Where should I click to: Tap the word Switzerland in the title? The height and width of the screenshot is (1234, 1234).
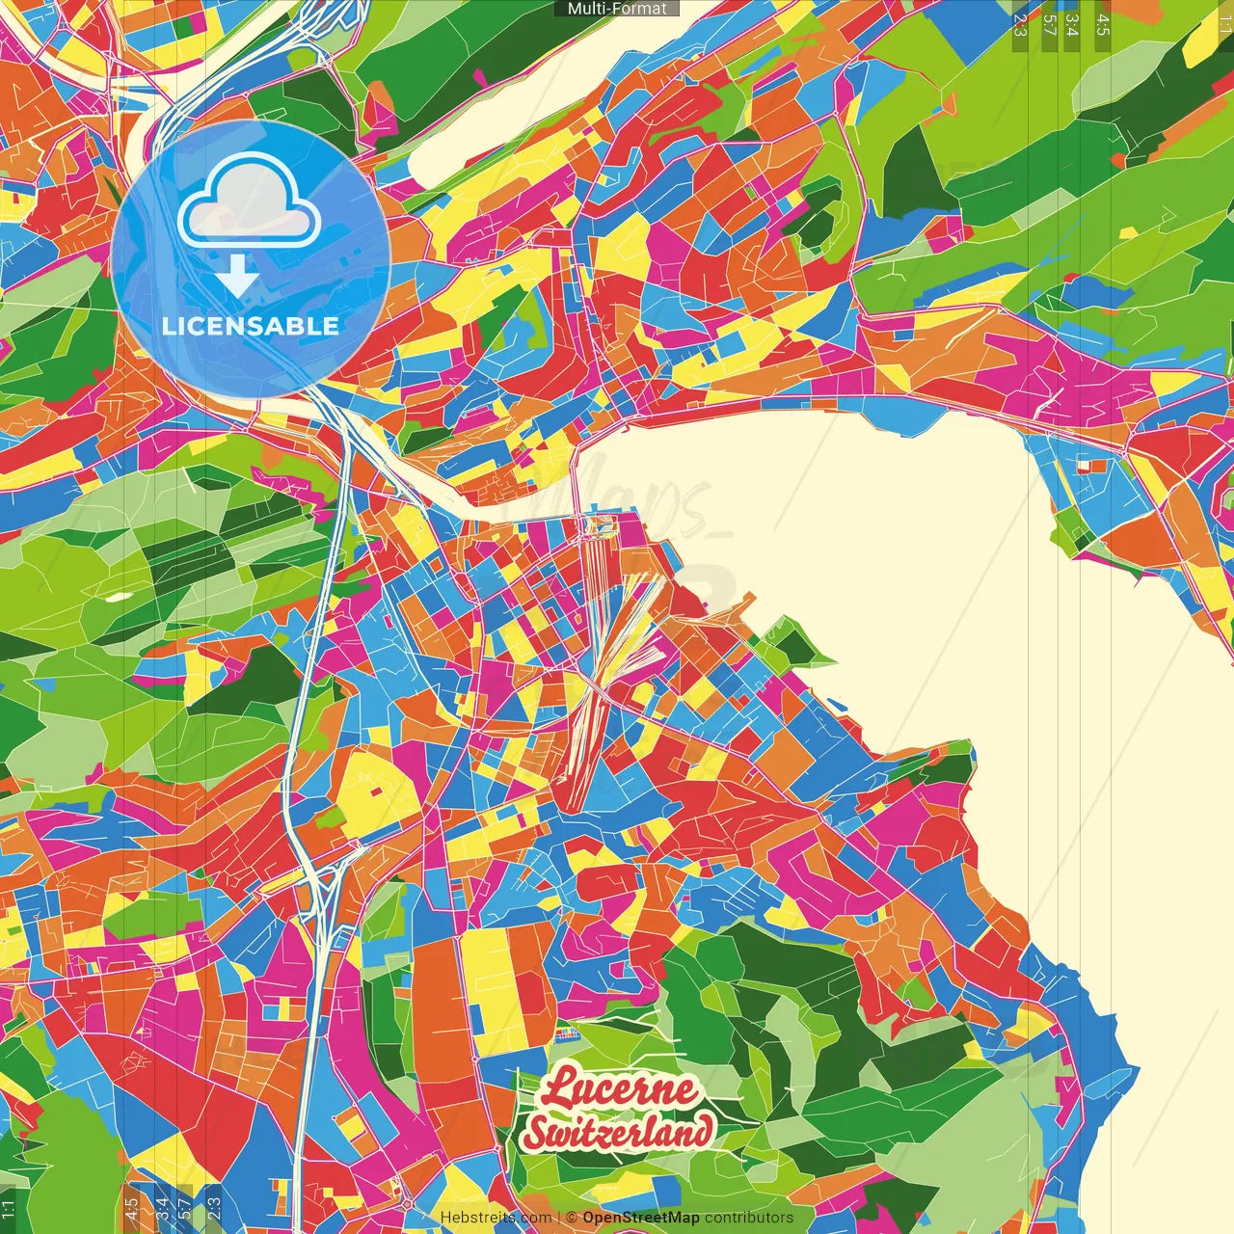coord(619,1131)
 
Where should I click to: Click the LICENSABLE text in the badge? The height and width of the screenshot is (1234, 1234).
coord(251,326)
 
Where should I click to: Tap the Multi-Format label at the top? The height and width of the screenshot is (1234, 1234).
coord(617,9)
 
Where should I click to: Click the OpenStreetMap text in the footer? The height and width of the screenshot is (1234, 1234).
coord(640,1218)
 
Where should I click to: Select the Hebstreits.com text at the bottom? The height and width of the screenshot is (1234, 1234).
coord(496,1218)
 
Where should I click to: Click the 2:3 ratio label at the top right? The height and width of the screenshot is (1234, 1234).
coord(1020,25)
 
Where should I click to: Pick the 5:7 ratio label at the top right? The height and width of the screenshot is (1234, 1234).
coord(1049,25)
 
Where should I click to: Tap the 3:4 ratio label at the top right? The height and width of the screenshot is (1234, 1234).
coord(1073,25)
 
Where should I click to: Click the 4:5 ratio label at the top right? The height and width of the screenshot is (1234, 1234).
coord(1103,25)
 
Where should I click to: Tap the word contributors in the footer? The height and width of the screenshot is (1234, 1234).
coord(748,1218)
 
